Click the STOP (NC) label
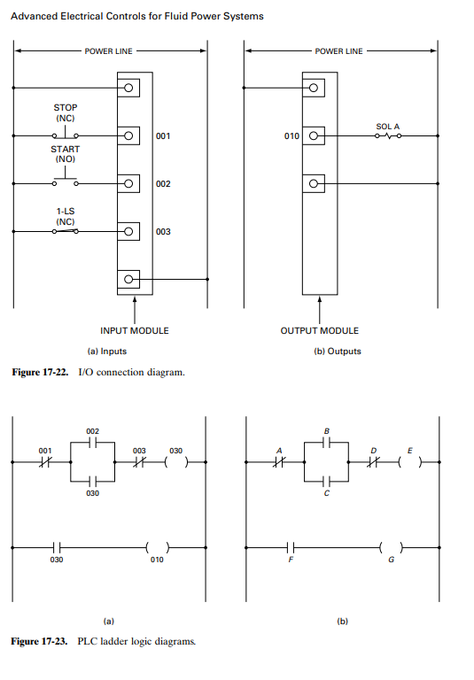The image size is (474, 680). [66, 112]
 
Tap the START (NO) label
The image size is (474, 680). [65, 155]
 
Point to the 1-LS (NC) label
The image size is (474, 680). [65, 215]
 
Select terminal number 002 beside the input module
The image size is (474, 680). [163, 183]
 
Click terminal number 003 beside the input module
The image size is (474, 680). [163, 231]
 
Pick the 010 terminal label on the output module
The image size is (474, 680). [291, 136]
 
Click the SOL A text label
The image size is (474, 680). [387, 127]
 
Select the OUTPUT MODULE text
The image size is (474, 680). [320, 330]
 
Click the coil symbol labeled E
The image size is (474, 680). [408, 462]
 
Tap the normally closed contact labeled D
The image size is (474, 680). [374, 462]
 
